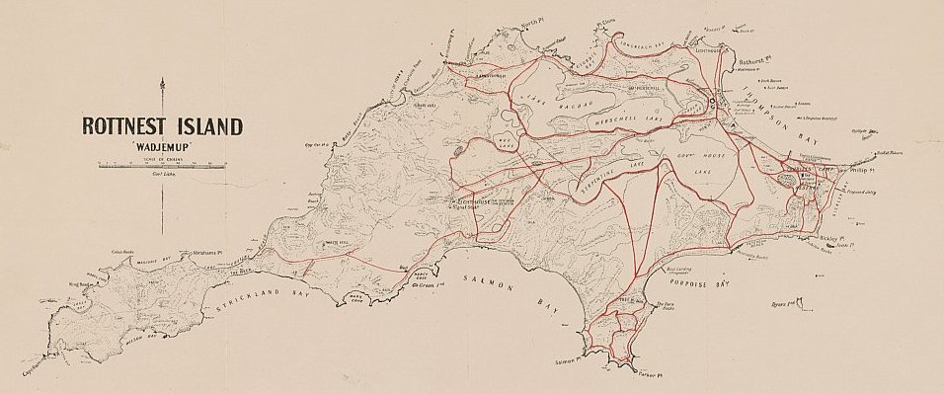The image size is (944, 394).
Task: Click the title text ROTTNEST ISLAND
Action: pos(161,126)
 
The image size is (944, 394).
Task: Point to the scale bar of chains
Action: pos(163,165)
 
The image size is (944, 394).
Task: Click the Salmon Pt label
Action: pos(571,362)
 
